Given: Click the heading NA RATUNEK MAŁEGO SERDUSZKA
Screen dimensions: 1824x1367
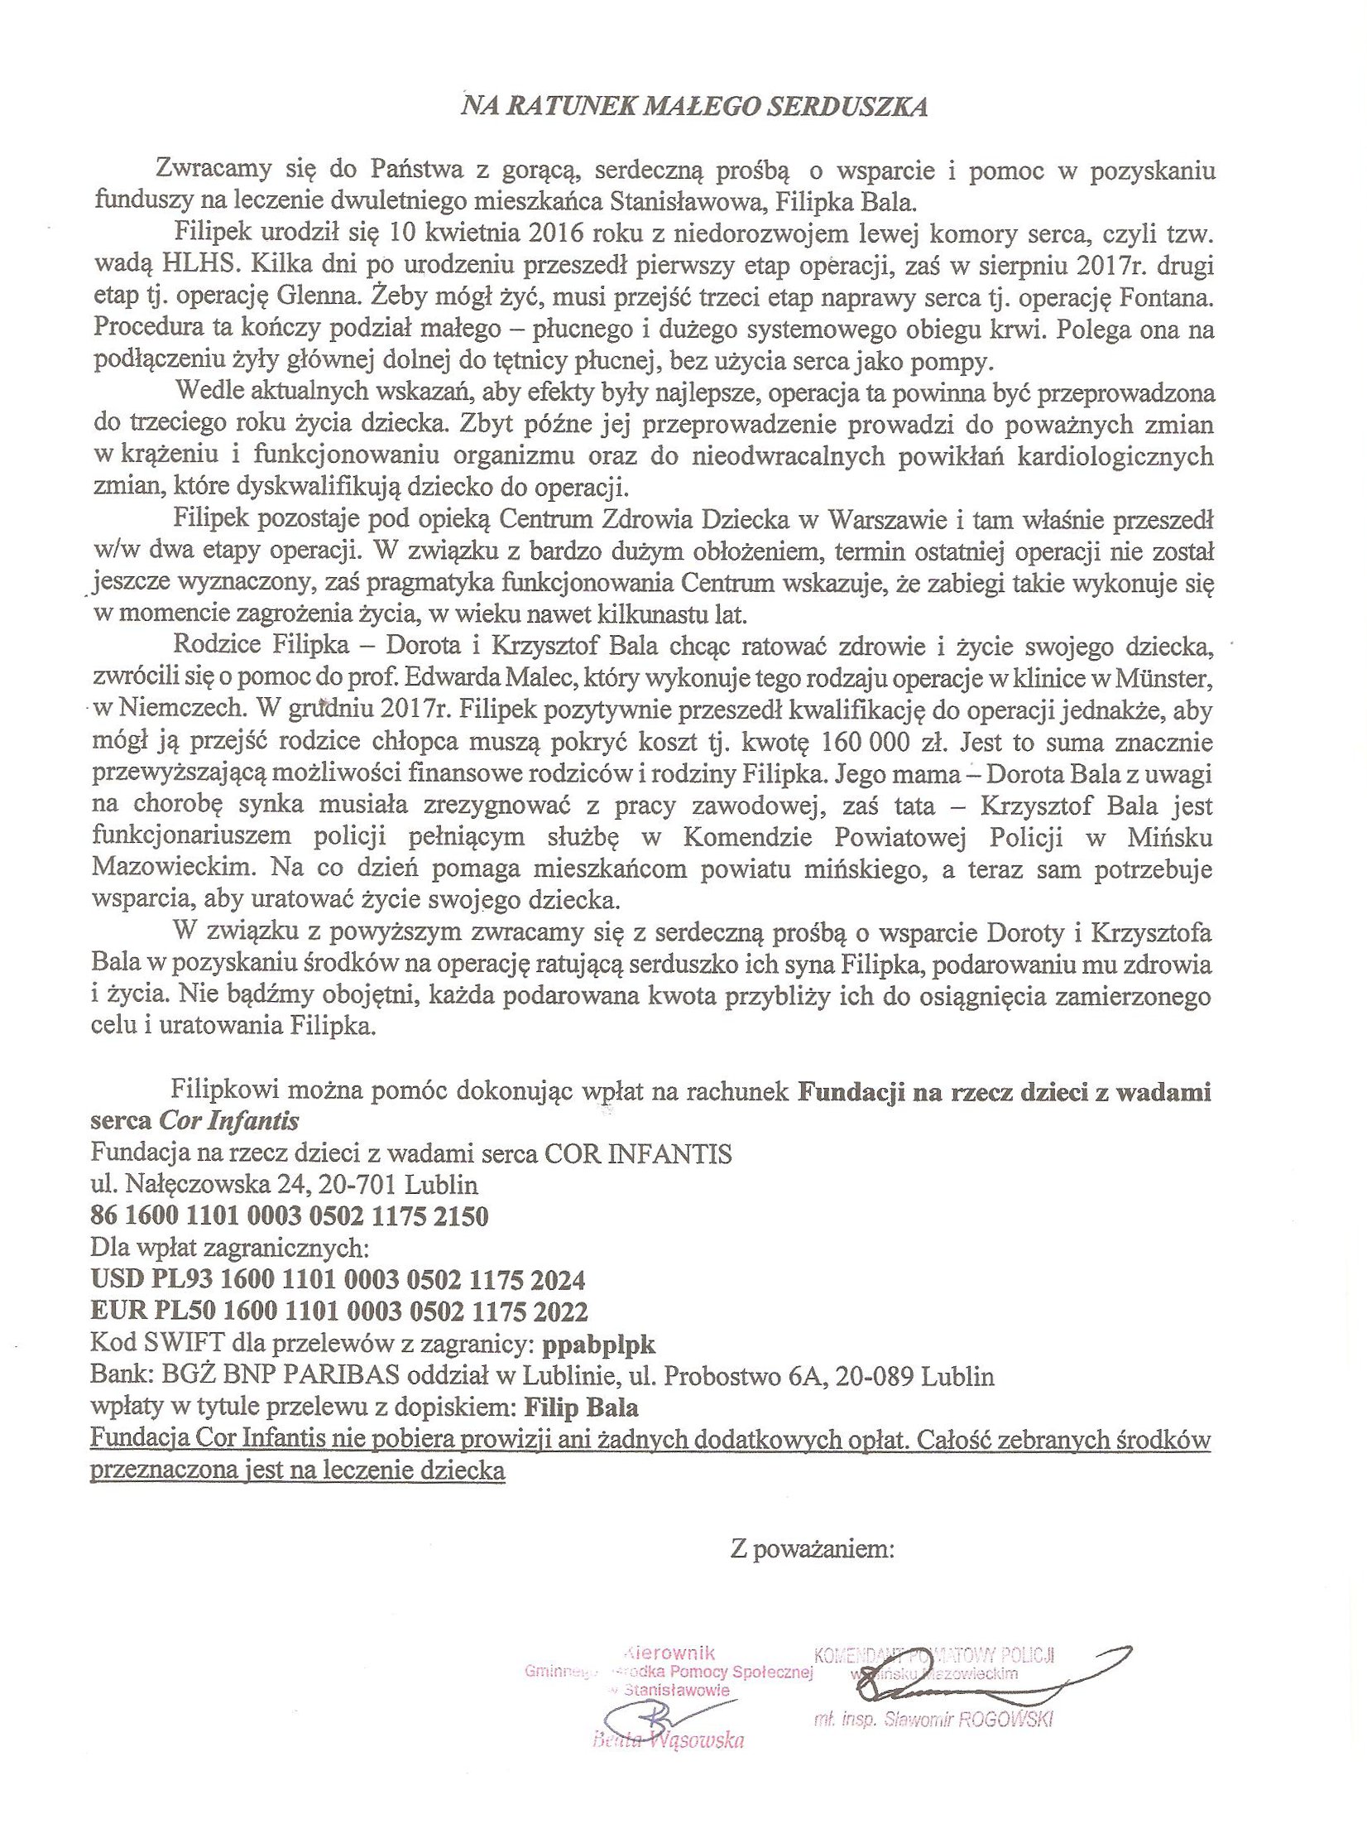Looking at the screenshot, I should point(694,108).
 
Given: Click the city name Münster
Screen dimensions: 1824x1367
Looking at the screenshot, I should point(1168,680).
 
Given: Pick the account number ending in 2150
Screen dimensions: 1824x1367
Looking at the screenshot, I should point(289,1216).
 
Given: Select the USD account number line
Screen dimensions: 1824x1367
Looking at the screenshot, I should point(338,1280).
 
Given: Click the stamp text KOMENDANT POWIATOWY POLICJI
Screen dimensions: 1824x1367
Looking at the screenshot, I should point(934,1655).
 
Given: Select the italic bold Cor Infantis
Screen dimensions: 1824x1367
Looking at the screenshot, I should point(229,1121).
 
